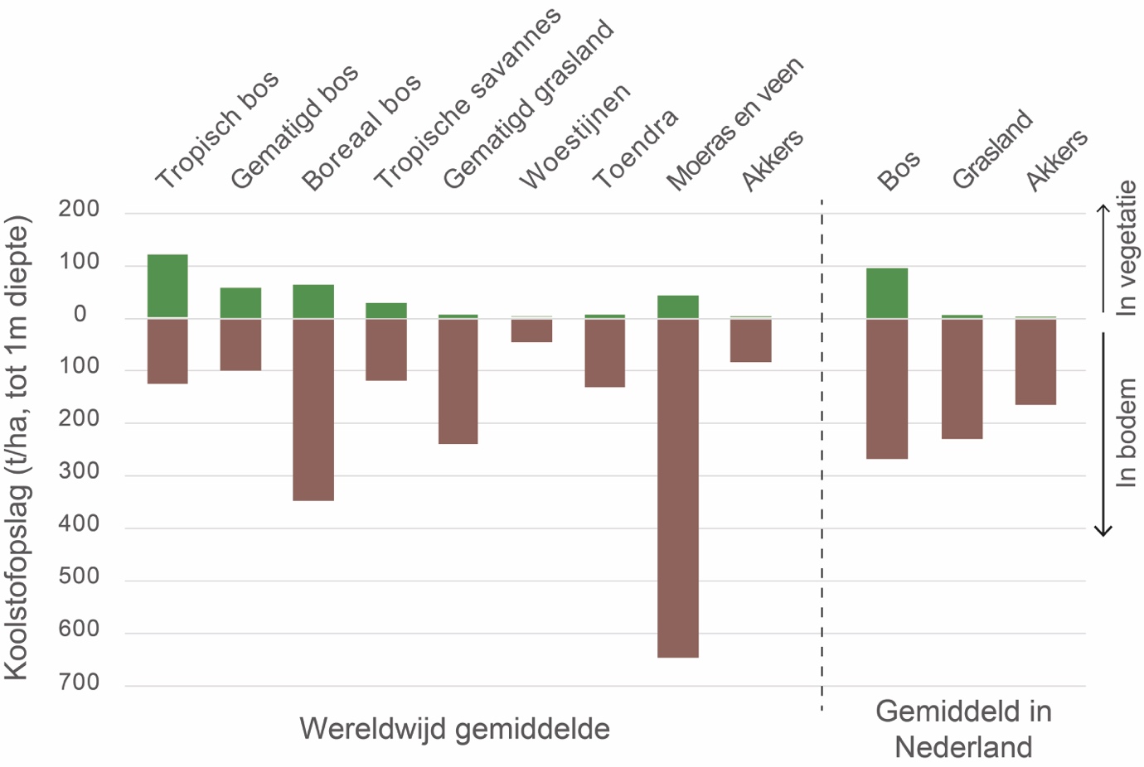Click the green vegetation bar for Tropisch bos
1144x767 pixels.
(x=167, y=285)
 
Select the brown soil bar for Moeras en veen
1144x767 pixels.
(x=677, y=488)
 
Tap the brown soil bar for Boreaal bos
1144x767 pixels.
(x=313, y=409)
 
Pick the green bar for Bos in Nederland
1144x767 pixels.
(x=887, y=292)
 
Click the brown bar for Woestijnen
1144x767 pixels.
(x=531, y=330)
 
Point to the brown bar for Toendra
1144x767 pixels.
(x=604, y=353)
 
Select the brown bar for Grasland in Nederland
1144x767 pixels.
(x=962, y=379)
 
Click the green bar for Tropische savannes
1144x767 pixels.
(x=386, y=311)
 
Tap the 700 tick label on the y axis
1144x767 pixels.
(x=79, y=683)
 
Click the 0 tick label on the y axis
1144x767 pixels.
(x=80, y=315)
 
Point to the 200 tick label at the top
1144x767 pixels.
(x=79, y=210)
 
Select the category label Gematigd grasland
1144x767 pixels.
(x=528, y=104)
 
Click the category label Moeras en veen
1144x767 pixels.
(x=734, y=123)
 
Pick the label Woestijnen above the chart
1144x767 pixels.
(x=574, y=137)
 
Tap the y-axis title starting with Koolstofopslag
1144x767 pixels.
(x=17, y=447)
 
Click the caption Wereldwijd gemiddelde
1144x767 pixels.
(x=454, y=729)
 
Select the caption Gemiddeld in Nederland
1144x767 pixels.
(x=963, y=729)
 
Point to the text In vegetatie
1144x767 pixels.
(x=1126, y=248)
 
